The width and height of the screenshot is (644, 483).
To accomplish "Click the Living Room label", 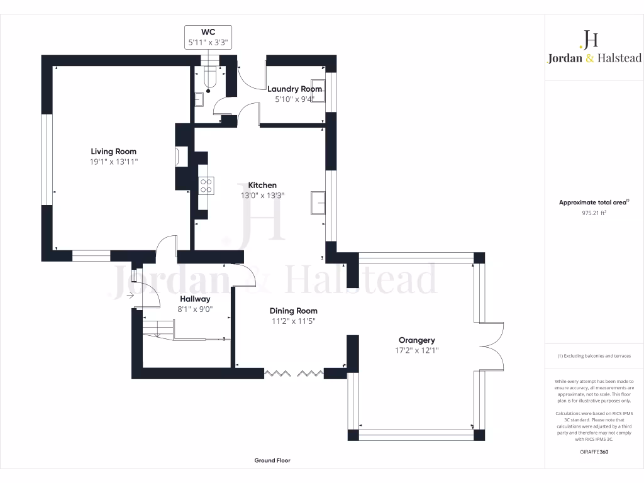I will (x=113, y=152).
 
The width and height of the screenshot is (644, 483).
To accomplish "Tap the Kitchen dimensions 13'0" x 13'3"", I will (x=262, y=196).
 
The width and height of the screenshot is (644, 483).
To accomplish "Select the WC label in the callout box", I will (x=208, y=32).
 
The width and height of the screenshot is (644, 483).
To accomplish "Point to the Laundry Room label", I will (x=294, y=89).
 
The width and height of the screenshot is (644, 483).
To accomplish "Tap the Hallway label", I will (x=195, y=299).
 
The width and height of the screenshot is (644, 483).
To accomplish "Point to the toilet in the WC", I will (x=211, y=77).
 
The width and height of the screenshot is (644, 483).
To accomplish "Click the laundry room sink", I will (x=318, y=87).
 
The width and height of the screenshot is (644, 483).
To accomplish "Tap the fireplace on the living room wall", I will (x=181, y=157).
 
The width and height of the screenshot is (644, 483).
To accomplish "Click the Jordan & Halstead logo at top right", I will (x=594, y=48).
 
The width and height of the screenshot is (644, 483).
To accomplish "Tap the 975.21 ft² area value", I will (x=594, y=213).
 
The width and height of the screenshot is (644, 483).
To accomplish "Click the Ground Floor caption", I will (x=272, y=460).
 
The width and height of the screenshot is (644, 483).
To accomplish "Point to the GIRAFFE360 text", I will (x=594, y=452).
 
